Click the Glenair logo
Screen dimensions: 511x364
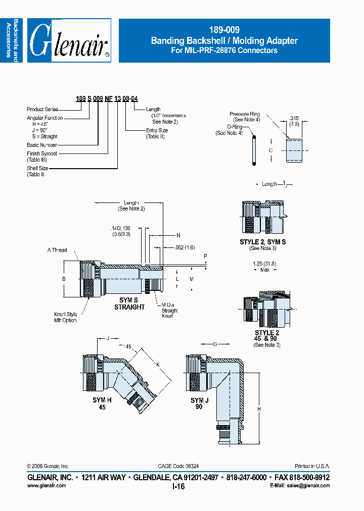69,41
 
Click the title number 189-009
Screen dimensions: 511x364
224,30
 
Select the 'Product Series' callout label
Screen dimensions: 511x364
42,109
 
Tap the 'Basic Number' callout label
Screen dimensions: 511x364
42,145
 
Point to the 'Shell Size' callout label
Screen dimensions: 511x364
38,169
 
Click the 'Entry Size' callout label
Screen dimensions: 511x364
157,130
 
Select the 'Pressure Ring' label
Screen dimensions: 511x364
245,114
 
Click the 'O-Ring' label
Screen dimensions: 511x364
234,127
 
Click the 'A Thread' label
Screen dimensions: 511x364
57,250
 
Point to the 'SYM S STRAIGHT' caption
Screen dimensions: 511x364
129,304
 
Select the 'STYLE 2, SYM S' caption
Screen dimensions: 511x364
262,242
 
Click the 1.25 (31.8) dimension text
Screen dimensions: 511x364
264,264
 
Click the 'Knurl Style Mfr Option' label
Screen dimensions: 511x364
66,318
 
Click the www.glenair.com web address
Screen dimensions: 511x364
46,485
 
